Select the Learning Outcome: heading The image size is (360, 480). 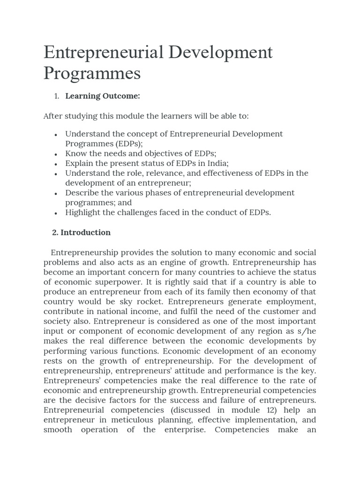[x=103, y=96]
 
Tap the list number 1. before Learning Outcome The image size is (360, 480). [x=56, y=96]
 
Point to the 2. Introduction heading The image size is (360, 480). [x=81, y=232]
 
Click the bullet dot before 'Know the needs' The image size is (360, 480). [x=56, y=154]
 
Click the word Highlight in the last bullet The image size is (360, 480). [x=83, y=212]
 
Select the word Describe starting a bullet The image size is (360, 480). [x=81, y=193]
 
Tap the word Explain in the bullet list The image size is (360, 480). [x=80, y=163]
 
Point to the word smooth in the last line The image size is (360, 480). [x=58, y=430]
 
